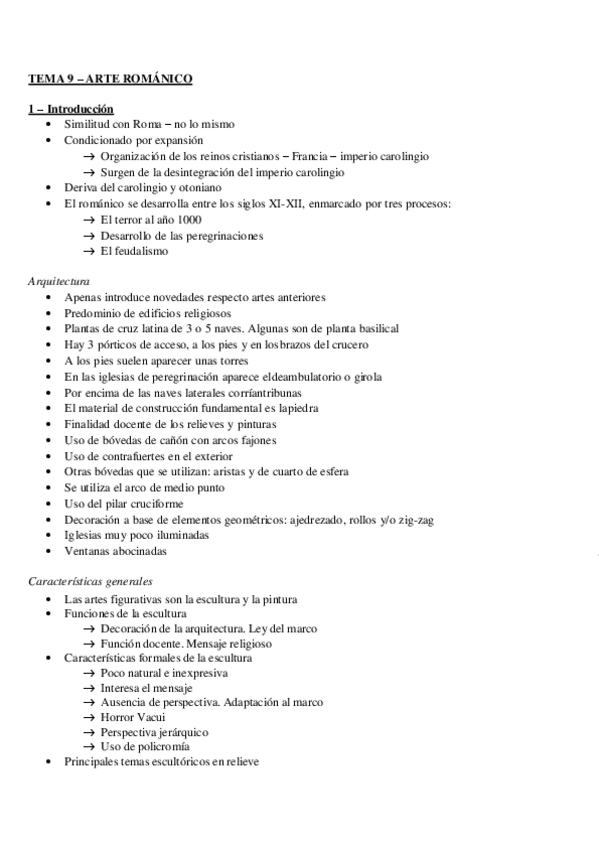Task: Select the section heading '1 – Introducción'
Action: (x=70, y=108)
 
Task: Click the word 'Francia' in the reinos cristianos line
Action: (x=307, y=156)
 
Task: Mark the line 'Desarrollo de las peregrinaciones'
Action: (x=182, y=235)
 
